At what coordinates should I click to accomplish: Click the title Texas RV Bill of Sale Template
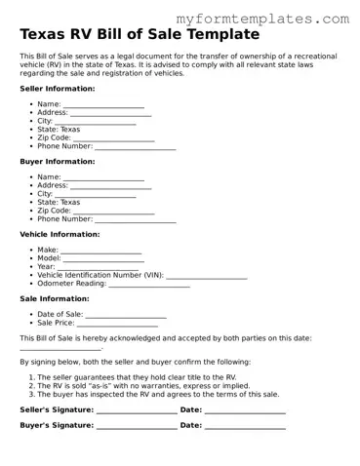(x=140, y=35)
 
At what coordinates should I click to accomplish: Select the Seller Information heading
(x=58, y=88)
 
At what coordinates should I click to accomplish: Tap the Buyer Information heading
(x=58, y=161)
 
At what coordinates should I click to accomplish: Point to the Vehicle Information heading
(x=60, y=234)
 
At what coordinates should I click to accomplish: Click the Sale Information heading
(x=55, y=298)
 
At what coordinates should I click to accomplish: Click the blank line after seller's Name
(x=103, y=105)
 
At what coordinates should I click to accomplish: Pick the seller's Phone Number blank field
(x=135, y=148)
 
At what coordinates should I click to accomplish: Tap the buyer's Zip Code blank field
(x=113, y=212)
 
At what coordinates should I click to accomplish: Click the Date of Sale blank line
(x=126, y=316)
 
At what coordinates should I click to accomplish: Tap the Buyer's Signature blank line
(x=137, y=427)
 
